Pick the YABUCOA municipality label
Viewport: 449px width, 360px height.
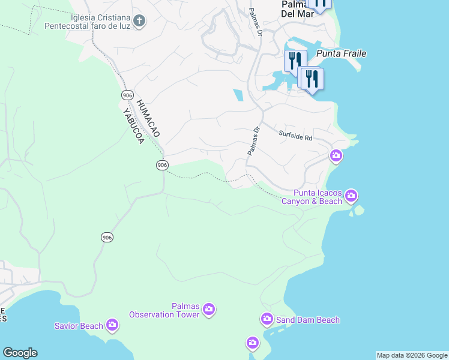(133, 125)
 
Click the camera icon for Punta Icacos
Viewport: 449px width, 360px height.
(351, 196)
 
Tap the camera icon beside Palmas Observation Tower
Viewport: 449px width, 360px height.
(209, 310)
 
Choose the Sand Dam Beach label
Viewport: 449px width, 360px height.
(308, 320)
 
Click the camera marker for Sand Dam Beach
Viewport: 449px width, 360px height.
(267, 319)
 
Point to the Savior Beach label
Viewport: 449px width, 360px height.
(79, 326)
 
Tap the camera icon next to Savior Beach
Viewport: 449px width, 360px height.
(112, 325)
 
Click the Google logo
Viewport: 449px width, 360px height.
(20, 353)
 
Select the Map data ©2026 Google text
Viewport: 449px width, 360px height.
(412, 355)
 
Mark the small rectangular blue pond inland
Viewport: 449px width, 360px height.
(238, 95)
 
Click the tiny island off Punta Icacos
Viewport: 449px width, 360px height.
(359, 210)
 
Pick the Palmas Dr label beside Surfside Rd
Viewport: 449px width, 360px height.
(253, 141)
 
